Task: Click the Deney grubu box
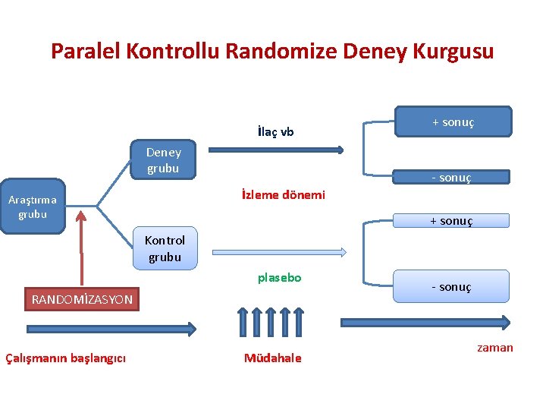click(164, 159)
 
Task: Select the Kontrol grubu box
click(165, 248)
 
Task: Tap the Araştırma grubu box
click(33, 207)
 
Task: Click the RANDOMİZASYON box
click(82, 299)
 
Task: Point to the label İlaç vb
click(276, 132)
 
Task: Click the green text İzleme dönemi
click(283, 195)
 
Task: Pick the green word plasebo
click(279, 278)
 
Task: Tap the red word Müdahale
click(272, 358)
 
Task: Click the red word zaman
click(494, 348)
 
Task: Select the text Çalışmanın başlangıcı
click(66, 358)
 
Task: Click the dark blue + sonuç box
click(453, 121)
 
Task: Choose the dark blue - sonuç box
click(452, 178)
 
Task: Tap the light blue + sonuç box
click(451, 221)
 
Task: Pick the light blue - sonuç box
click(451, 287)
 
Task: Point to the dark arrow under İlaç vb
click(275, 150)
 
